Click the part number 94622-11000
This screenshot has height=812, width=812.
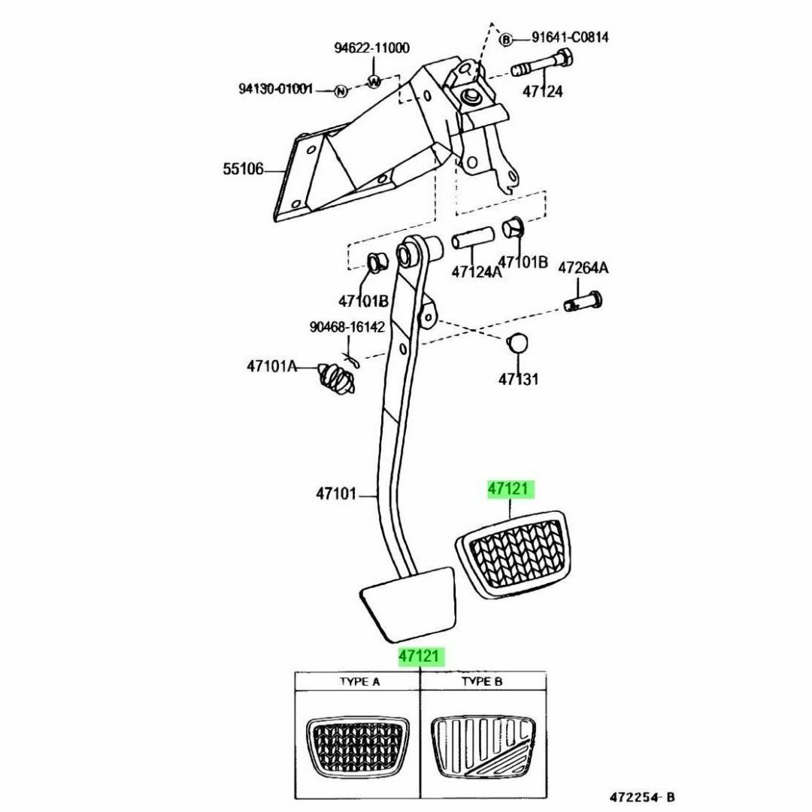pyautogui.click(x=371, y=48)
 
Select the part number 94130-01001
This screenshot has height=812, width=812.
pyautogui.click(x=275, y=89)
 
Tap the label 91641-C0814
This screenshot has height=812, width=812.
pyautogui.click(x=570, y=38)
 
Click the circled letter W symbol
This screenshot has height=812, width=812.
pyautogui.click(x=374, y=80)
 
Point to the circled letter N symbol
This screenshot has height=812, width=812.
pyautogui.click(x=341, y=91)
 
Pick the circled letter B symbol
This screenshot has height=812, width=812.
pyautogui.click(x=505, y=39)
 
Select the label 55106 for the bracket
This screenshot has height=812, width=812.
pyautogui.click(x=244, y=169)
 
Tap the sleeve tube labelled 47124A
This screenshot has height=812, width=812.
pyautogui.click(x=471, y=241)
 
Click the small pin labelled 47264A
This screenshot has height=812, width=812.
pyautogui.click(x=583, y=301)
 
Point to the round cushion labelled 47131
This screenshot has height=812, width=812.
pyautogui.click(x=517, y=343)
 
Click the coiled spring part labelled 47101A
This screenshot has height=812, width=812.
pyautogui.click(x=337, y=380)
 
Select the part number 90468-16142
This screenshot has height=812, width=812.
pyautogui.click(x=347, y=327)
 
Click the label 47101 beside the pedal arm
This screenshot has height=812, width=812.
pyautogui.click(x=336, y=494)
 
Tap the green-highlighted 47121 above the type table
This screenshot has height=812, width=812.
pyautogui.click(x=419, y=656)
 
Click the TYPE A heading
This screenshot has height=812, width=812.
pyautogui.click(x=360, y=681)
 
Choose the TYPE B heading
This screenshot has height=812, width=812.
pyautogui.click(x=482, y=681)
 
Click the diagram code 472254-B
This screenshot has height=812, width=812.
pyautogui.click(x=642, y=796)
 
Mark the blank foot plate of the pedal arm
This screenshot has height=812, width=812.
pyautogui.click(x=408, y=602)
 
